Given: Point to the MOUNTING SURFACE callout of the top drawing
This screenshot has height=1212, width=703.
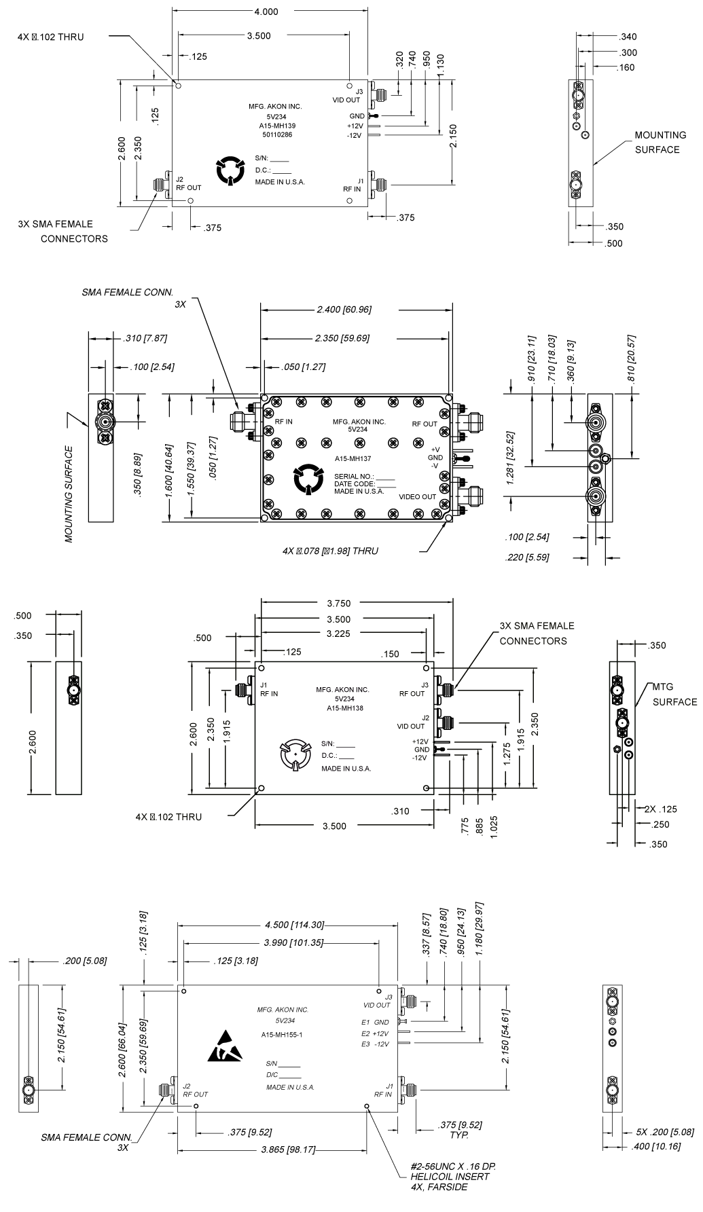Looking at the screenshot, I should (x=657, y=142).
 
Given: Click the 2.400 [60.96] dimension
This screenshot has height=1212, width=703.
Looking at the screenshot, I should (x=344, y=310).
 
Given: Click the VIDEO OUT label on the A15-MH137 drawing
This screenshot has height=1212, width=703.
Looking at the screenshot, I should (x=418, y=496).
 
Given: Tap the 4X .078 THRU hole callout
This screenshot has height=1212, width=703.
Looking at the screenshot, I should (x=330, y=551).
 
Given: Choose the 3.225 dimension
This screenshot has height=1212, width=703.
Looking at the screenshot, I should (x=339, y=633).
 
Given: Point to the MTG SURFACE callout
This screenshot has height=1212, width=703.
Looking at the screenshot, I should (x=674, y=694).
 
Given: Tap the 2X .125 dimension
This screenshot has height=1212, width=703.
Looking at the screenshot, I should (x=660, y=809).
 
